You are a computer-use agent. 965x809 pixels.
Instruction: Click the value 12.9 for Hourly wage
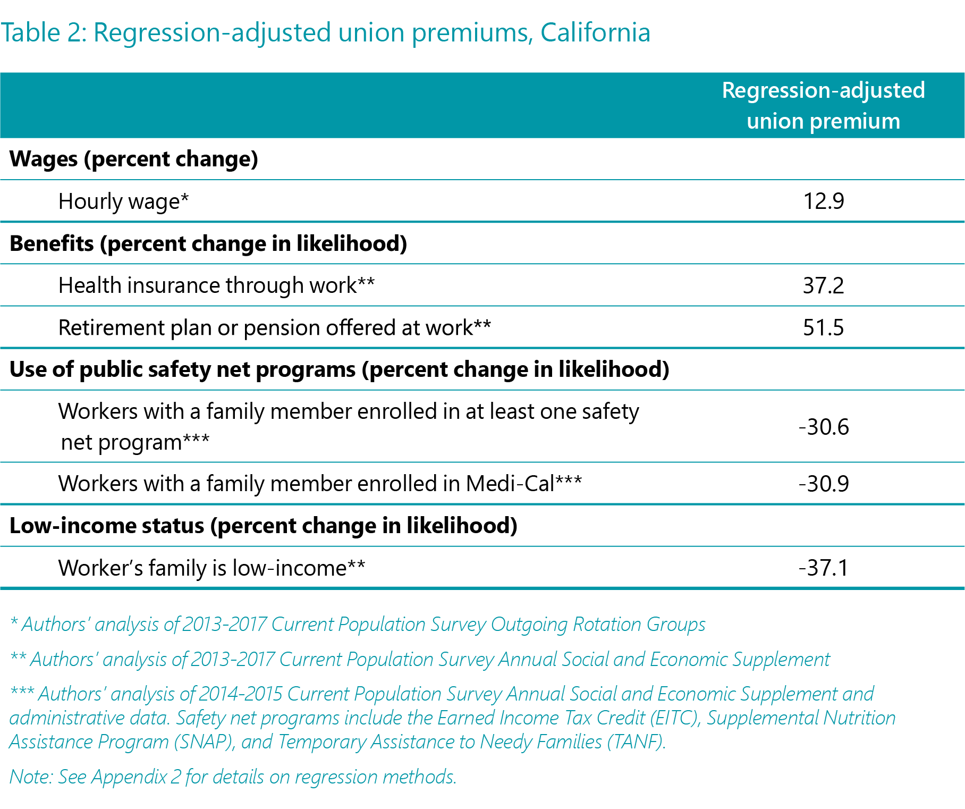point(823,201)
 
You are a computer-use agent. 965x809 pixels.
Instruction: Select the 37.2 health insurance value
point(823,285)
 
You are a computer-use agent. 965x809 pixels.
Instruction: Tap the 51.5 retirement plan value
point(823,327)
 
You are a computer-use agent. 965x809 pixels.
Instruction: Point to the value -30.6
point(824,427)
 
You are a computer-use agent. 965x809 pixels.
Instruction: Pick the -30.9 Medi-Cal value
point(824,484)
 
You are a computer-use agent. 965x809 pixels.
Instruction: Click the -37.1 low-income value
point(824,568)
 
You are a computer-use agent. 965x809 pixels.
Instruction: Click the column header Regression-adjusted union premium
point(823,105)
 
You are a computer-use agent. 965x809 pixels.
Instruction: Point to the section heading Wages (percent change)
point(134,159)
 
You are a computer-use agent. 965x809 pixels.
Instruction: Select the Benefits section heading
point(208,244)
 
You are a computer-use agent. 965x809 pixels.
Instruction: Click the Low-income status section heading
point(264,526)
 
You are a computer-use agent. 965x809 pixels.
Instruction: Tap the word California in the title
point(595,32)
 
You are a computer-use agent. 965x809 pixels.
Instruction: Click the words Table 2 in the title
point(43,32)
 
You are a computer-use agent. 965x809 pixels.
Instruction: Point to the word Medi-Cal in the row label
point(510,484)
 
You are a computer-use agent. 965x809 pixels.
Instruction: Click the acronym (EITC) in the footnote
point(673,718)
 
